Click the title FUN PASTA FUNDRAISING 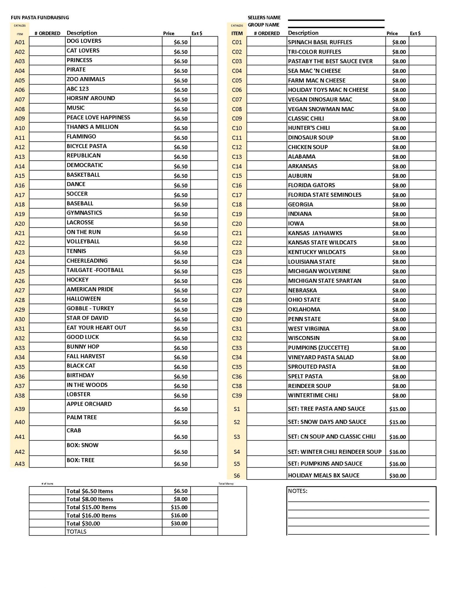click(40, 18)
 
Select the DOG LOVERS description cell click(84, 41)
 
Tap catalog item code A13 click(20, 157)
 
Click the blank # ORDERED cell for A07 click(47, 99)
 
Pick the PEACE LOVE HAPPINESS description click(98, 117)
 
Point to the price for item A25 click(180, 271)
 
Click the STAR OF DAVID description click(87, 318)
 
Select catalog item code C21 click(237, 233)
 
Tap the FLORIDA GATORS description click(311, 185)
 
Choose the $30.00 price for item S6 click(398, 476)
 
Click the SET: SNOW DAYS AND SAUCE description click(327, 422)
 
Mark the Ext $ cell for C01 click(422, 42)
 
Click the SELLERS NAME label click(264, 18)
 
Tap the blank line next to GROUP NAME click(336, 27)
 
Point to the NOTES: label click(297, 491)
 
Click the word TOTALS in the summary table click(76, 531)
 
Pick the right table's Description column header click(303, 33)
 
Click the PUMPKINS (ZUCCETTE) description click(318, 348)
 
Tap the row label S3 click(237, 437)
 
